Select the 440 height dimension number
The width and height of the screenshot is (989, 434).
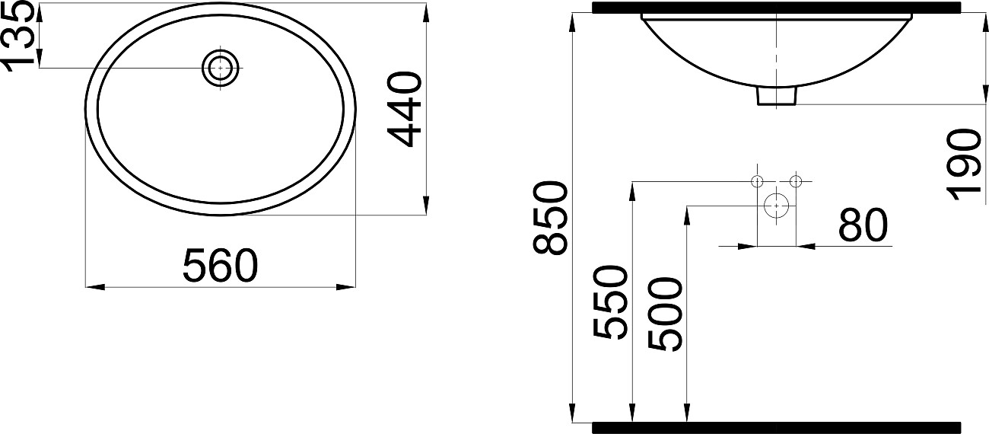pos(404,109)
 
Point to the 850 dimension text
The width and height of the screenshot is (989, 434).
pos(550,218)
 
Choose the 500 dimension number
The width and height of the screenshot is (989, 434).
pos(666,314)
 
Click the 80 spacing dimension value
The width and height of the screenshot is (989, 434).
pos(863,225)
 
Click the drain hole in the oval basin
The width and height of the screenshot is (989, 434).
pos(221,69)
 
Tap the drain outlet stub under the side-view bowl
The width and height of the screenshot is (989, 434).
pos(776,95)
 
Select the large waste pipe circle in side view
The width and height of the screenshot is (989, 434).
pos(776,205)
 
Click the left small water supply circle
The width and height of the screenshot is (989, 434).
pos(757,181)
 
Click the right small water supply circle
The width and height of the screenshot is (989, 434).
pos(796,181)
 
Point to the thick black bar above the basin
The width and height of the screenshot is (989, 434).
pos(776,8)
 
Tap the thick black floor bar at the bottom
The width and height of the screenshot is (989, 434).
pos(776,426)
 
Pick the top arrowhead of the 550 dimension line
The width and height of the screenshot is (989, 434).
pos(632,190)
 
